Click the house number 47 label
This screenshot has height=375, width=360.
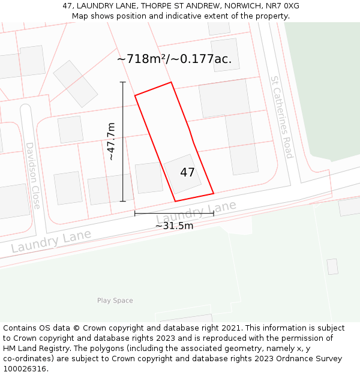coord(187,173)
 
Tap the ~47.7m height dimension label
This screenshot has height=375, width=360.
coord(110,142)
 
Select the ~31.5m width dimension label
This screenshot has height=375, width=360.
coord(175,226)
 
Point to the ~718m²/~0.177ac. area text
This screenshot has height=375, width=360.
coord(174,59)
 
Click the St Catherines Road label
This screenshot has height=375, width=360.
coord(281,117)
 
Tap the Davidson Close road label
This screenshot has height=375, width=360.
coord(32,175)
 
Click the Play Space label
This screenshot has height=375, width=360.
coord(115,301)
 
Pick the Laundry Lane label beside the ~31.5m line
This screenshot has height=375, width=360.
coord(196,214)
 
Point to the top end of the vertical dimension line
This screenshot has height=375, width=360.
coord(123,82)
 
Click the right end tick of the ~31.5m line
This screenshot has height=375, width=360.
coord(214,213)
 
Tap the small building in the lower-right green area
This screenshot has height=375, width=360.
coord(332,266)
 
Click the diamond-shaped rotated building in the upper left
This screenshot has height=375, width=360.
coord(76,83)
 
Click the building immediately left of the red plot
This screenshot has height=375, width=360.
coord(148,178)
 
